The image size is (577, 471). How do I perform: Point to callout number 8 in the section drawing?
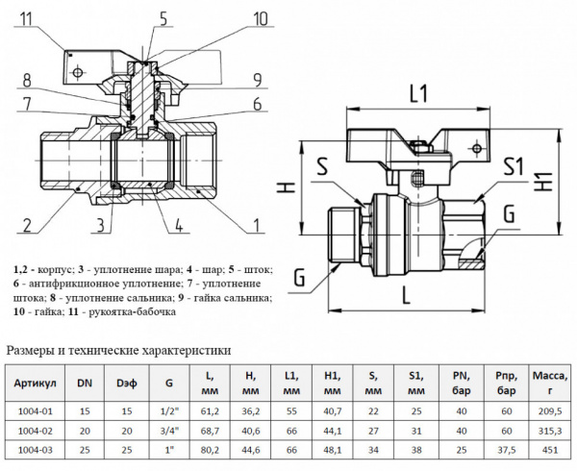point(27,79)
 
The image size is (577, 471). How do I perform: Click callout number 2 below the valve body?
point(28,226)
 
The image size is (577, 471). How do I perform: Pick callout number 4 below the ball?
point(180,226)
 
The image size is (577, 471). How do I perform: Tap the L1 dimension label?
point(416,94)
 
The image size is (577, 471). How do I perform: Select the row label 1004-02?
point(35,430)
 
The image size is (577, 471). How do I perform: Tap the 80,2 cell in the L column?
point(210,450)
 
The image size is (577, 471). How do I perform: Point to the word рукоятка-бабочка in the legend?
point(131,312)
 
